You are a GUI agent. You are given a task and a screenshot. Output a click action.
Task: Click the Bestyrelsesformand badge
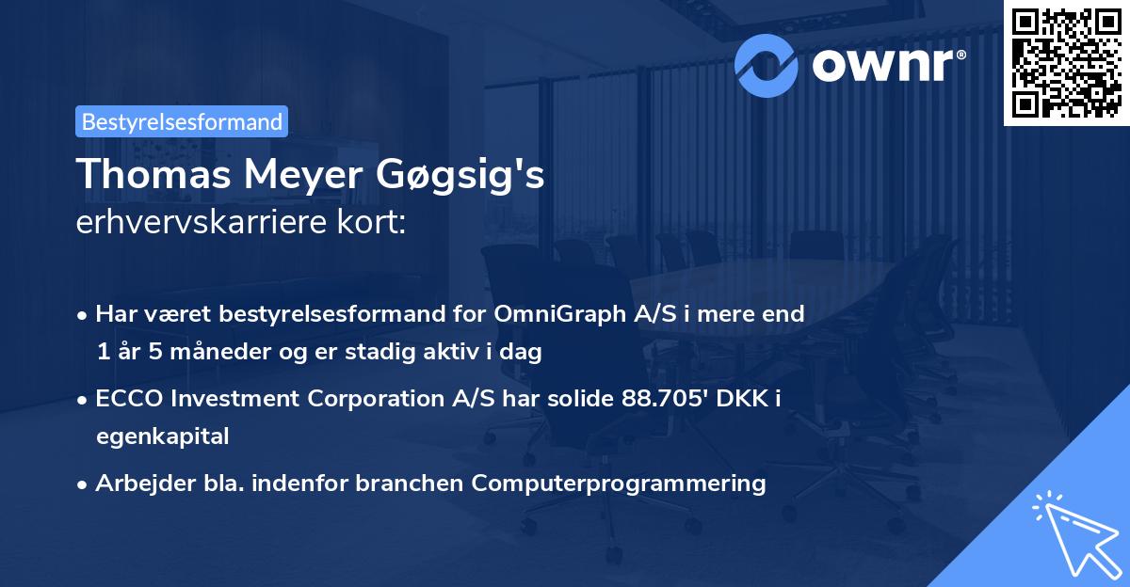(182, 121)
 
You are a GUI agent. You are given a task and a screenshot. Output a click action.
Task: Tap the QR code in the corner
(1066, 61)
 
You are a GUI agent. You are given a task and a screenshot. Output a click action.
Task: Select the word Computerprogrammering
(619, 484)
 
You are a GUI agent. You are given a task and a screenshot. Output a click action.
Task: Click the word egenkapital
(162, 436)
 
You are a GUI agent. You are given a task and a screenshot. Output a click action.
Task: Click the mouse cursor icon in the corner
(1073, 531)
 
